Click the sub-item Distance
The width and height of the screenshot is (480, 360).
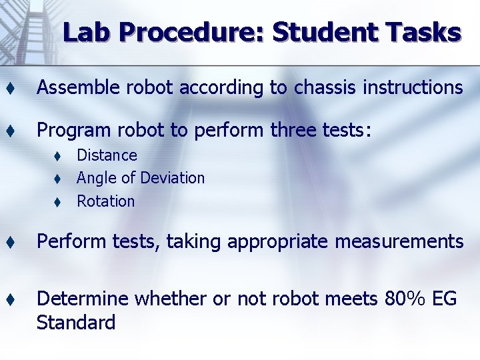pyautogui.click(x=107, y=155)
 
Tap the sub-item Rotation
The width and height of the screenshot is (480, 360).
pyautogui.click(x=105, y=201)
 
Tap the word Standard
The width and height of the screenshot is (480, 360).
pyautogui.click(x=76, y=323)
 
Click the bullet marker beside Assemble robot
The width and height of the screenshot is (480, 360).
pyautogui.click(x=11, y=88)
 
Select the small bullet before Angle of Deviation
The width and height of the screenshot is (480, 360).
pyautogui.click(x=58, y=179)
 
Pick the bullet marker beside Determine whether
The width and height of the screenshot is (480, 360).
pyautogui.click(x=11, y=300)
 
